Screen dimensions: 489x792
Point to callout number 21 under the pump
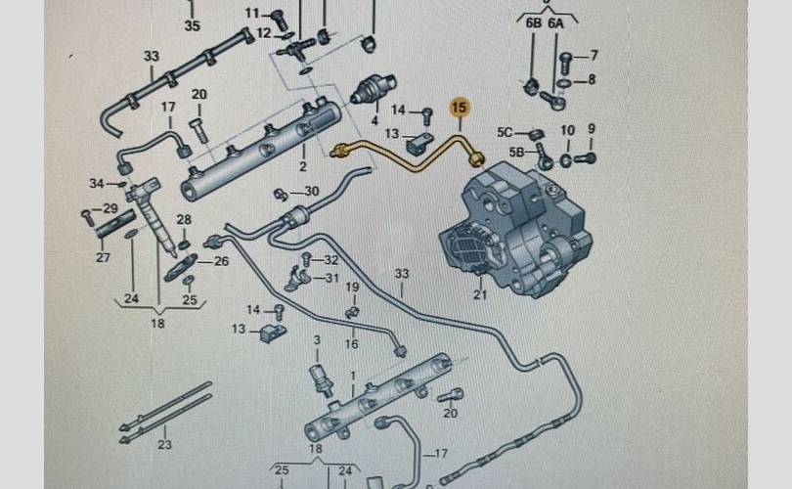coord(479,294)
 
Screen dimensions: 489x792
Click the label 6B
coord(533,22)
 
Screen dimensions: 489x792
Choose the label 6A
coord(555,22)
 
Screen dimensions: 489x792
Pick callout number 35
coord(192,25)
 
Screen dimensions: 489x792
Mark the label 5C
coord(505,132)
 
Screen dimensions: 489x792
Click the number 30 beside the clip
coord(311,192)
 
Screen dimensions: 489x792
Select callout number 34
coord(96,183)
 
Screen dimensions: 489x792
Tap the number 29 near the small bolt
coord(110,209)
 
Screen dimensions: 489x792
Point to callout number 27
coord(103,258)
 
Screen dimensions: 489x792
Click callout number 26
coord(221,261)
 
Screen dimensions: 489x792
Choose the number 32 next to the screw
coord(331,260)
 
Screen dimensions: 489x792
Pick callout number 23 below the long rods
coord(163,445)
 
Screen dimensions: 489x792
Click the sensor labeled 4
coord(372,94)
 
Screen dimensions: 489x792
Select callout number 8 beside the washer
coord(592,80)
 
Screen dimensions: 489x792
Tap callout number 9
coord(591,130)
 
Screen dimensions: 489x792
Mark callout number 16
coord(351,344)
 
